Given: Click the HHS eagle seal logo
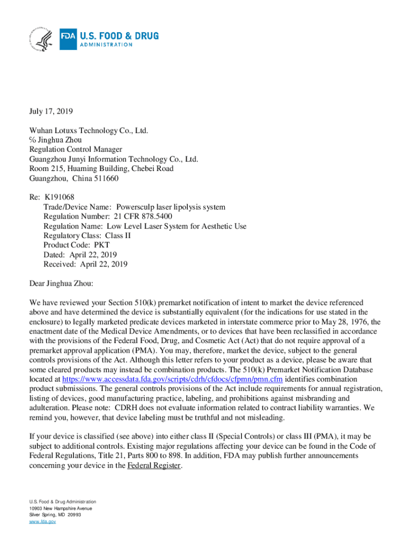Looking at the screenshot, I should point(41,39).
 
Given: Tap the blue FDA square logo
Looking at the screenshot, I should point(68,39).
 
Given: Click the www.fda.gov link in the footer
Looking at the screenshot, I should point(42,521).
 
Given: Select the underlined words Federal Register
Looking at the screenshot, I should point(154,465).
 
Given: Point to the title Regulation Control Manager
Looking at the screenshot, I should point(75,150).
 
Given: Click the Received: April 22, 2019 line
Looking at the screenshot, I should point(85,264).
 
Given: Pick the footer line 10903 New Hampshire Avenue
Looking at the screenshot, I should point(61,508).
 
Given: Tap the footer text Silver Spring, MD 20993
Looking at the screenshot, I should point(55,514).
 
